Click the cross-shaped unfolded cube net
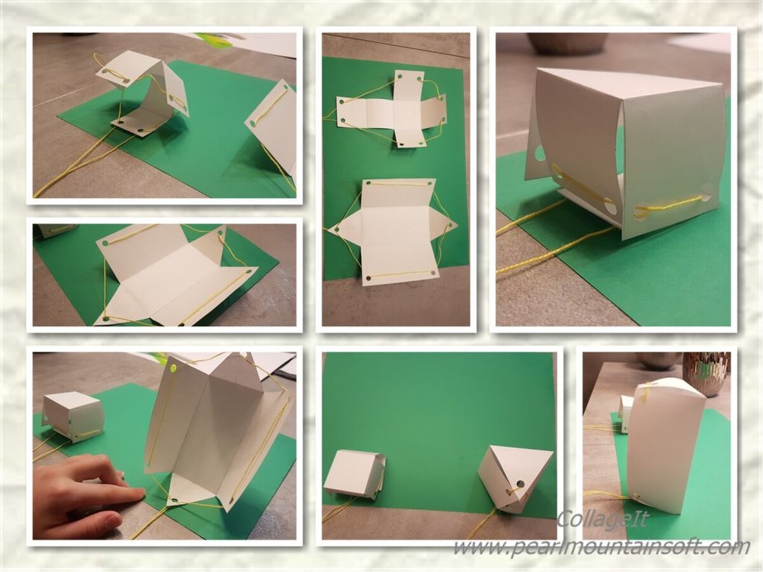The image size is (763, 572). click(x=391, y=112)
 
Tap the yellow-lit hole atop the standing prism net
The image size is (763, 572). click(x=172, y=367)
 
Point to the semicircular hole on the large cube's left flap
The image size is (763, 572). click(x=539, y=153)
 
